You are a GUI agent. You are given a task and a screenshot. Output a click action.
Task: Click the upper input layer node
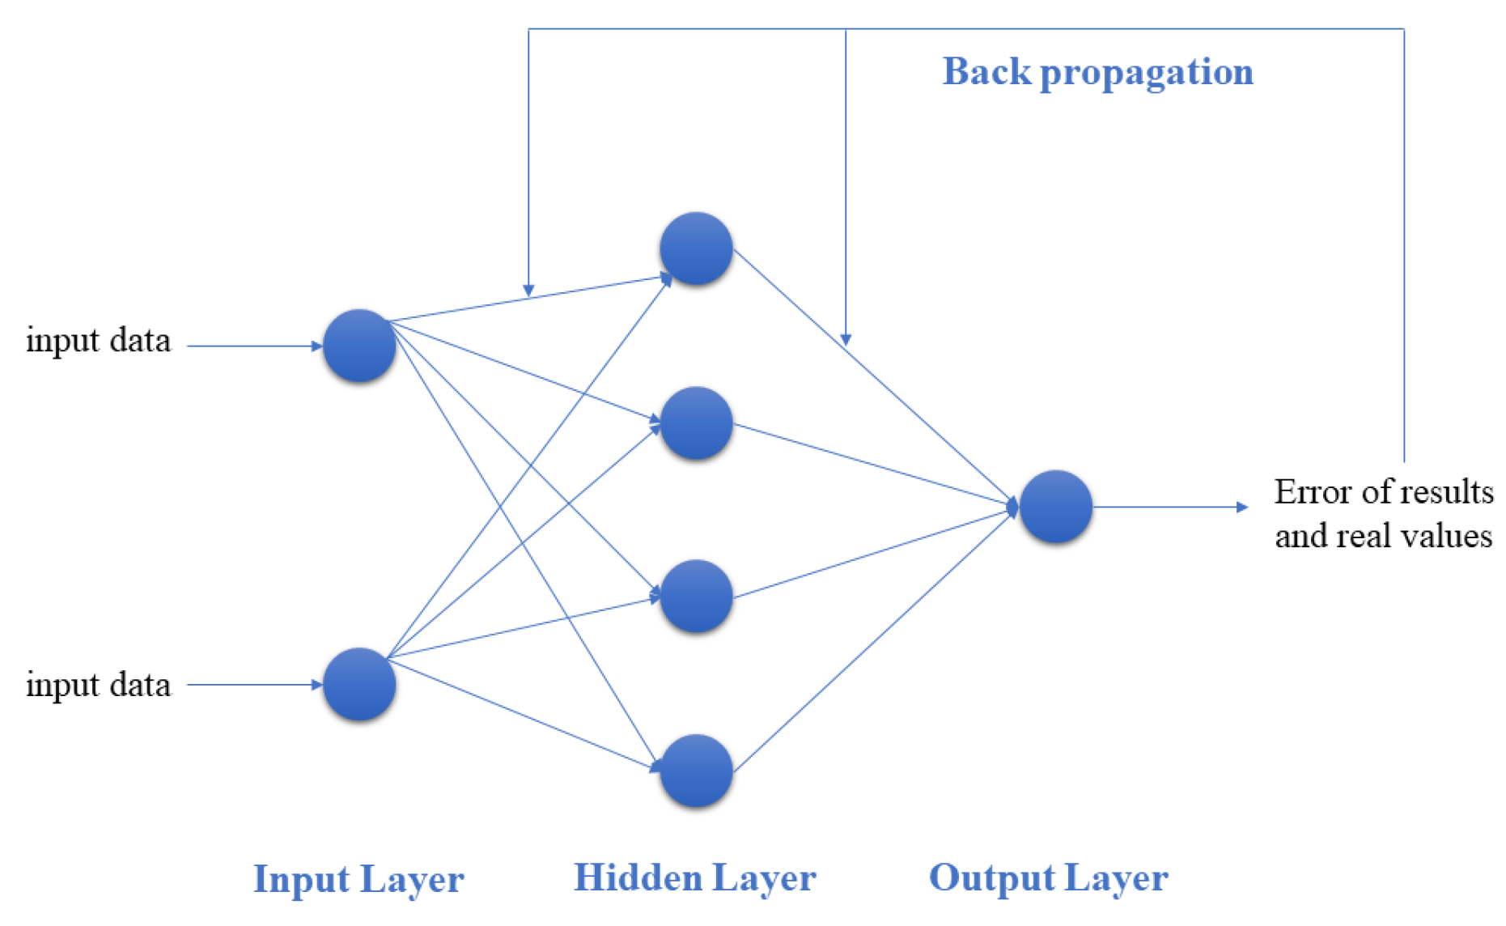pyautogui.click(x=359, y=346)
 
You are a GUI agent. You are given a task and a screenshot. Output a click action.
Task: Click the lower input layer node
pyautogui.click(x=359, y=684)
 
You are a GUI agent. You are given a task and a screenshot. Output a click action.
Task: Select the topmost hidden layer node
pyautogui.click(x=696, y=248)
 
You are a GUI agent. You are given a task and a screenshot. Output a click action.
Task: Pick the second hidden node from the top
pyautogui.click(x=696, y=423)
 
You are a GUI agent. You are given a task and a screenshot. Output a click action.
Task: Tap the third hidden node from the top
pyautogui.click(x=696, y=597)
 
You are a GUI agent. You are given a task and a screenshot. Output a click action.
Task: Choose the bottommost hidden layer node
pyautogui.click(x=696, y=771)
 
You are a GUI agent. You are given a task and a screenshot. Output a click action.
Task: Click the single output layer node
pyautogui.click(x=1055, y=507)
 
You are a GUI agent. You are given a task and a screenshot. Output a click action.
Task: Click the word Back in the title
pyautogui.click(x=987, y=72)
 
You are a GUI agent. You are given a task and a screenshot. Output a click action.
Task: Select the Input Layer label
pyautogui.click(x=358, y=879)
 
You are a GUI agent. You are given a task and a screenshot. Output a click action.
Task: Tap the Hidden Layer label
pyautogui.click(x=694, y=878)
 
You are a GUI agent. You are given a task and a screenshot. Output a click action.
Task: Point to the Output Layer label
pyautogui.click(x=1048, y=878)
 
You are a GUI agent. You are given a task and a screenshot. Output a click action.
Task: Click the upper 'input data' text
pyautogui.click(x=98, y=341)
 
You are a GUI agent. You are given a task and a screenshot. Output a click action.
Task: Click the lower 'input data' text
pyautogui.click(x=98, y=686)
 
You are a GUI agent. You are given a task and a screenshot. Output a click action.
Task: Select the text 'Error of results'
pyautogui.click(x=1383, y=491)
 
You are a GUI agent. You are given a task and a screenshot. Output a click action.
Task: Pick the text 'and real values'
pyautogui.click(x=1383, y=536)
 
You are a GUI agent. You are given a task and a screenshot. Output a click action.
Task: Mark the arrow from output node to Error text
pyautogui.click(x=1169, y=508)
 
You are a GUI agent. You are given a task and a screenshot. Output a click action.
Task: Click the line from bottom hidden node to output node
pyautogui.click(x=874, y=639)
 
